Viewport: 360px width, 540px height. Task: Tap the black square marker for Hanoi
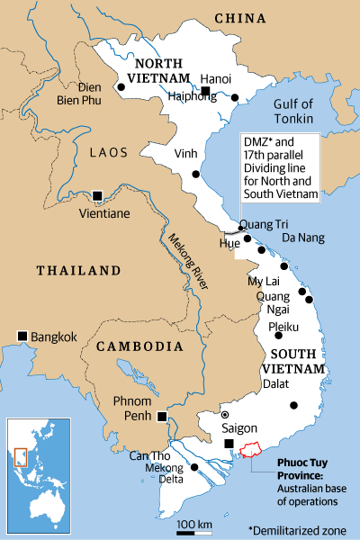205,92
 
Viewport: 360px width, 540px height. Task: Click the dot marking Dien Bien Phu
121,87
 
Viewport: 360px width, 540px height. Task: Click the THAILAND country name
77,270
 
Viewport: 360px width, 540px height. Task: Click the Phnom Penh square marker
161,415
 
